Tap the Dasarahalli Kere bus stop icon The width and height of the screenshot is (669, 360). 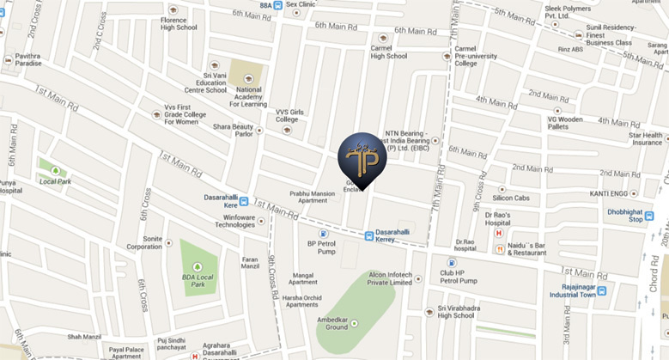pyautogui.click(x=244, y=202)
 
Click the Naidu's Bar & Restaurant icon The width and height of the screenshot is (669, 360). pyautogui.click(x=500, y=249)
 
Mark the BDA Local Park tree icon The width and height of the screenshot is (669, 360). pyautogui.click(x=199, y=255)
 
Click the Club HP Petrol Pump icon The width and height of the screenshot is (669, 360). pyautogui.click(x=451, y=263)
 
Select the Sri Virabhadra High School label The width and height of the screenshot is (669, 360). pyautogui.click(x=455, y=311)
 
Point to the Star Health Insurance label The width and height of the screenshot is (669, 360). pyautogui.click(x=646, y=138)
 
